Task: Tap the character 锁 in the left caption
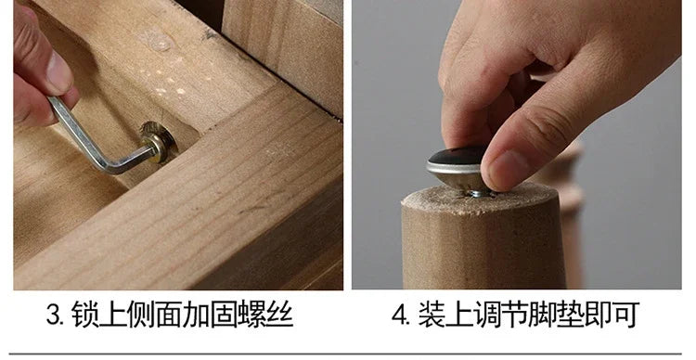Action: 84,315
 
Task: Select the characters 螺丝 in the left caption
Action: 266,315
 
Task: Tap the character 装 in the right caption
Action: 432,315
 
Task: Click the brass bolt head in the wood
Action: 159,142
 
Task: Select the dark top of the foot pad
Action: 455,156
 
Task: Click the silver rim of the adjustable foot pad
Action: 454,169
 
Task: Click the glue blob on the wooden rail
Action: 157,42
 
